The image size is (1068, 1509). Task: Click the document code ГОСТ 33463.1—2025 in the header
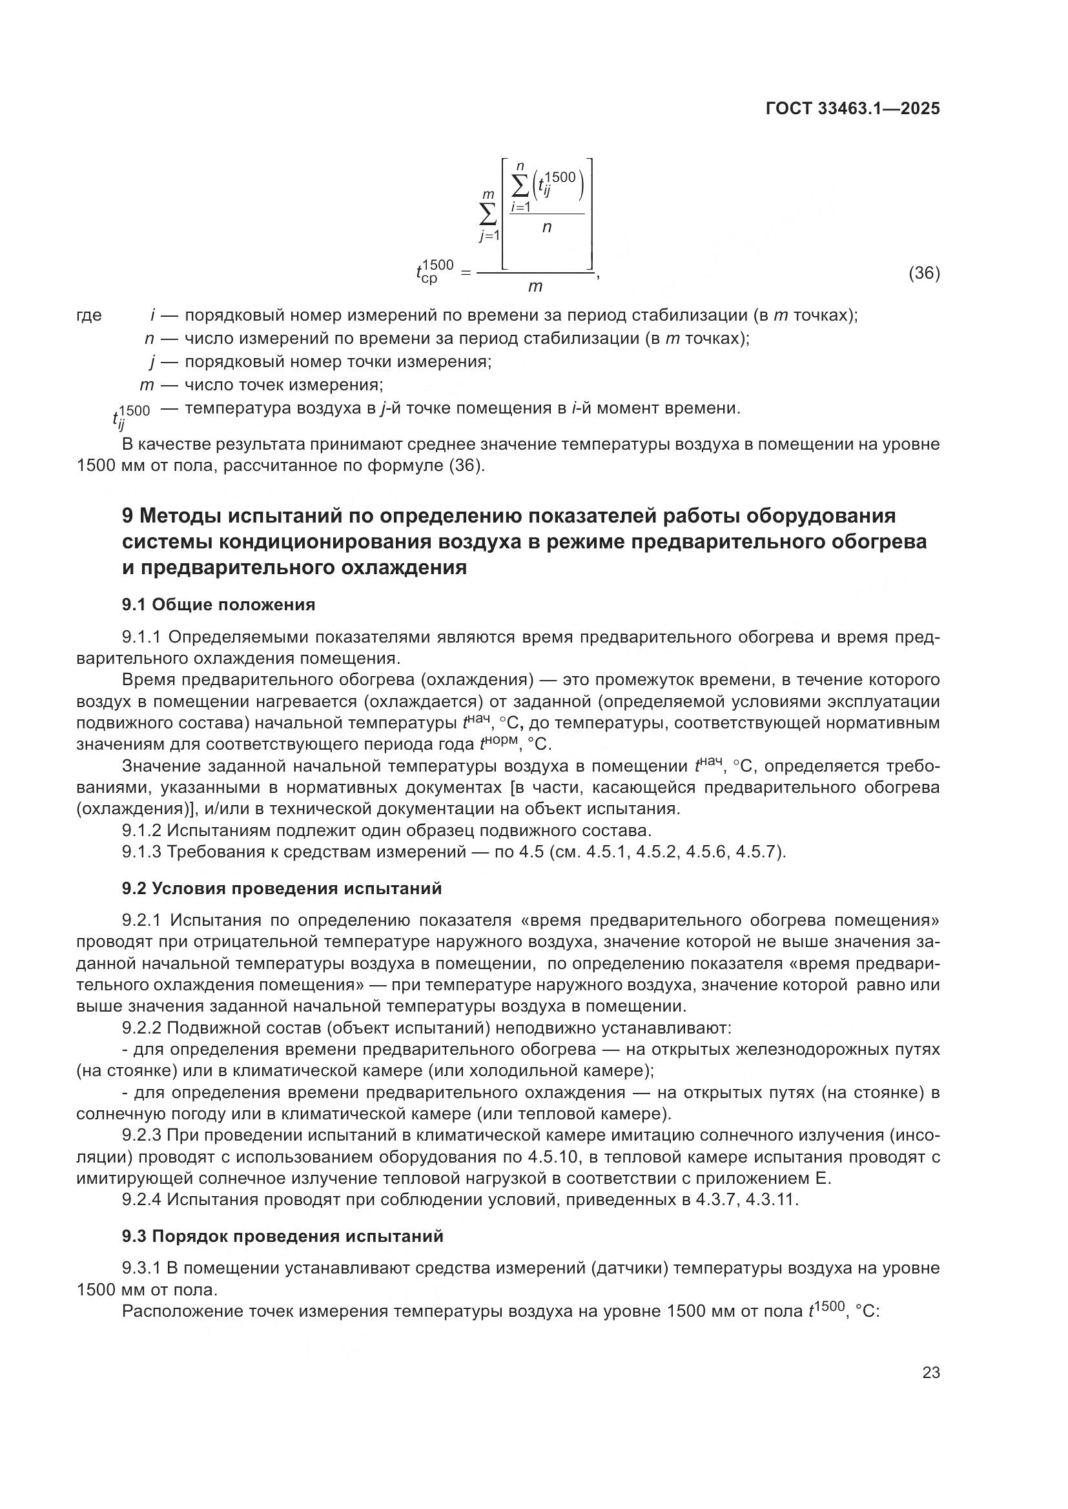pyautogui.click(x=852, y=109)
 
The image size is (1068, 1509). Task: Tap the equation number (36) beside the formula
pyautogui.click(x=924, y=273)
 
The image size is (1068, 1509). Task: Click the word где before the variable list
pyautogui.click(x=90, y=315)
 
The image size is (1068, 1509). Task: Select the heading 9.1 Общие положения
pyautogui.click(x=218, y=605)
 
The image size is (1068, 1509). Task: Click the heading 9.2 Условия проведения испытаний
pyautogui.click(x=282, y=888)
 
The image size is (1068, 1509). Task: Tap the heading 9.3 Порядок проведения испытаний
pyautogui.click(x=282, y=1236)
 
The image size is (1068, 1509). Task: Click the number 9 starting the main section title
pyautogui.click(x=128, y=516)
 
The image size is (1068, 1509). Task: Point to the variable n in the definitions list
pyautogui.click(x=149, y=339)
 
